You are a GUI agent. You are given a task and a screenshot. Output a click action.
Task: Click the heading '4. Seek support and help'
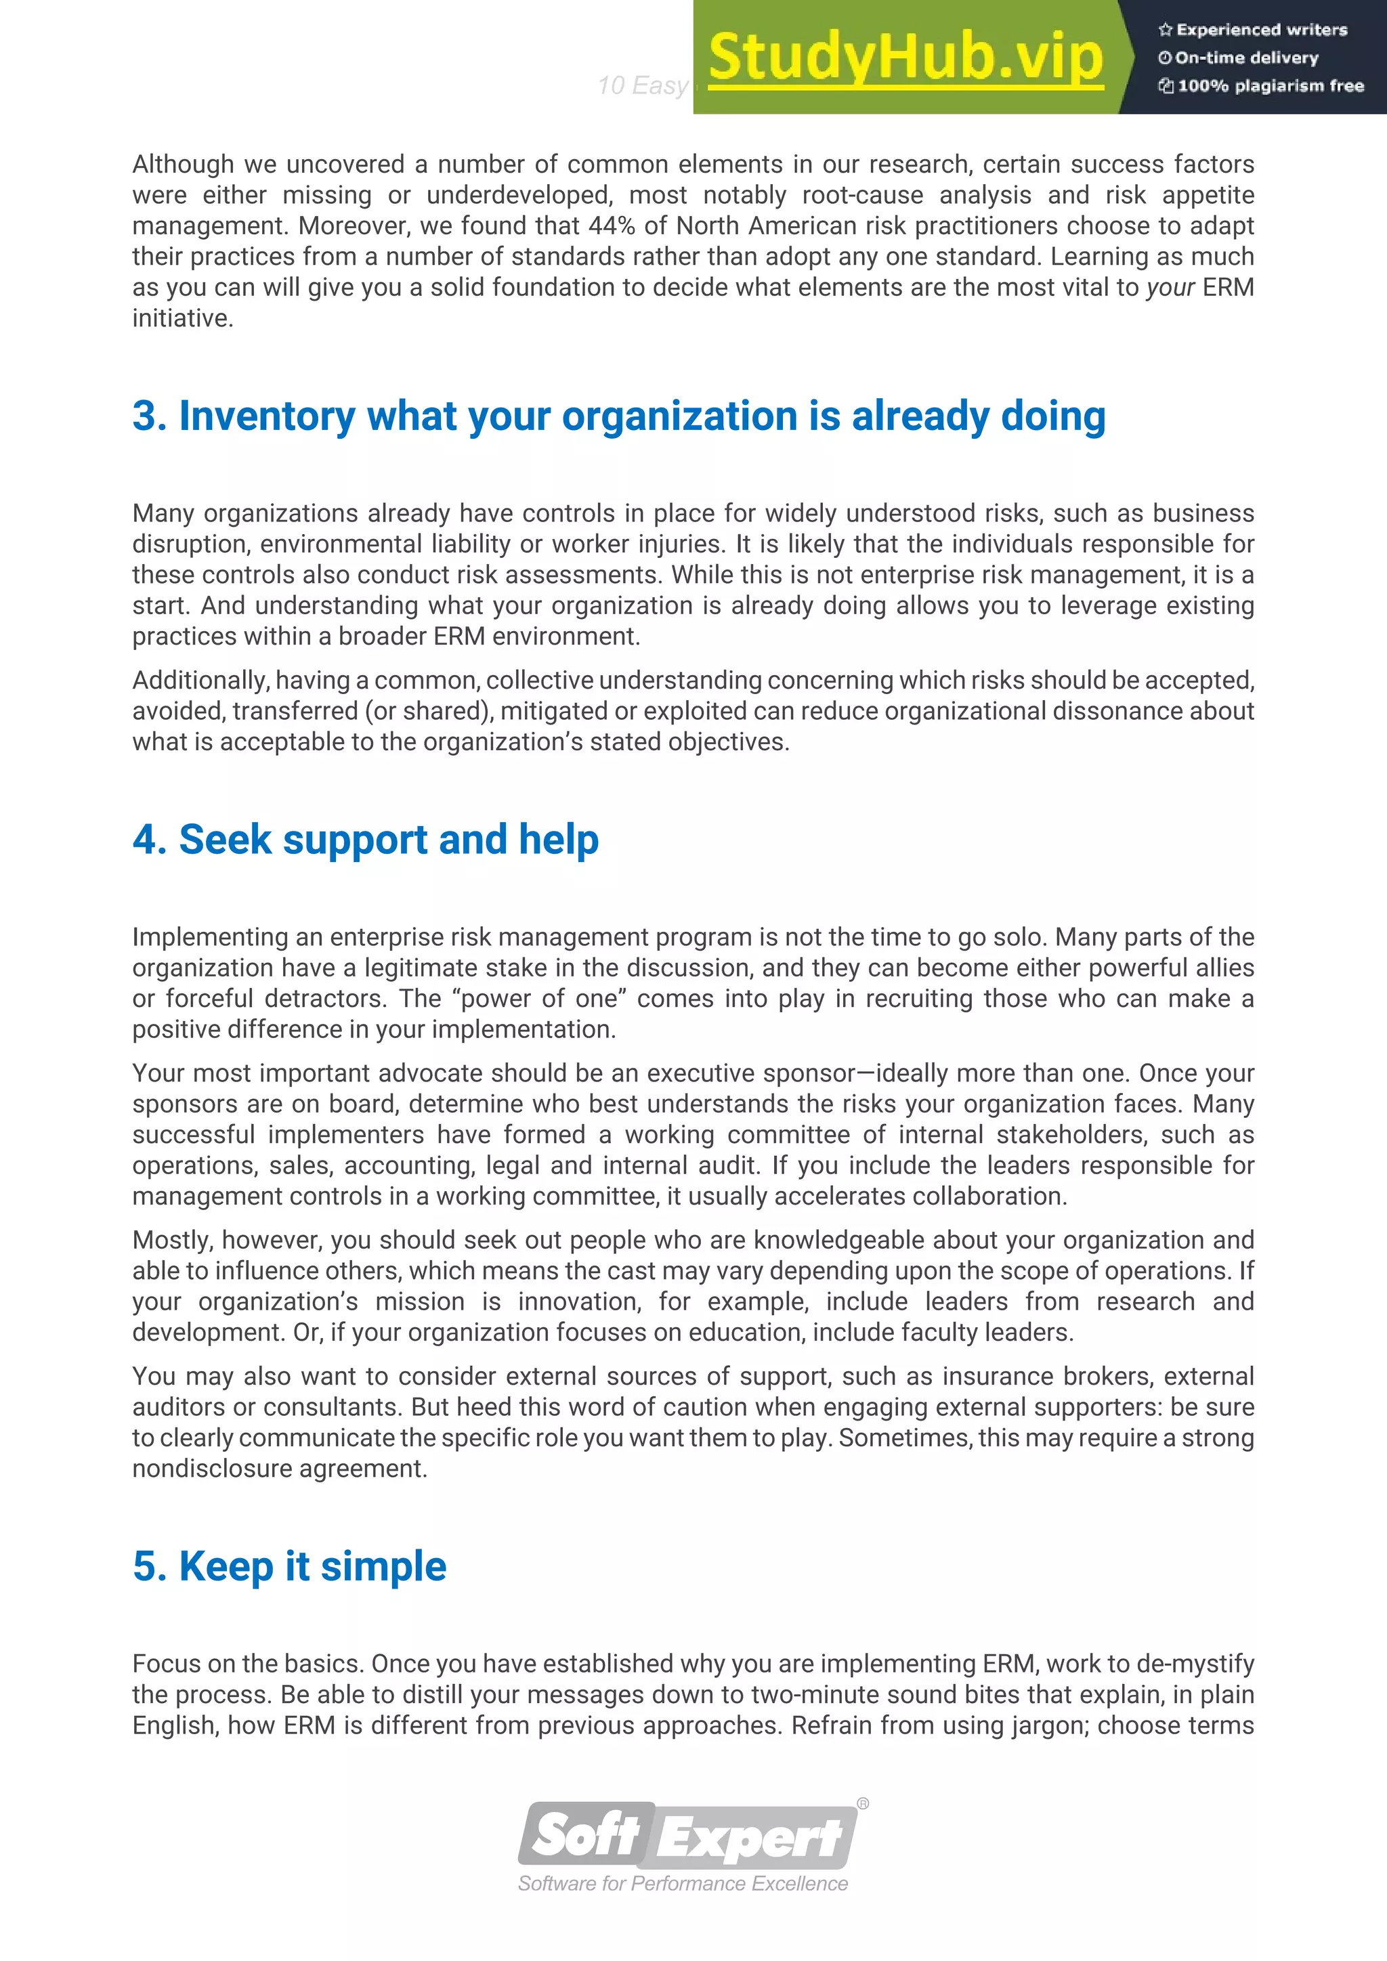click(366, 839)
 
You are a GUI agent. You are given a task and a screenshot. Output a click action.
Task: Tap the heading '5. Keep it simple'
click(290, 1566)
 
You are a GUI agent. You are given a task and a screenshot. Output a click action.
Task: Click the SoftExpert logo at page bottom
click(687, 1836)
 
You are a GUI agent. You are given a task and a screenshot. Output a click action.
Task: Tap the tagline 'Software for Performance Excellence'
click(683, 1883)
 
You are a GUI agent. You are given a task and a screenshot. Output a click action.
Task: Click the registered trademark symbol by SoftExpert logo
click(863, 1804)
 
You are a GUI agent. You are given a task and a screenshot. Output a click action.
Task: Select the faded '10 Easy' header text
click(642, 85)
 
